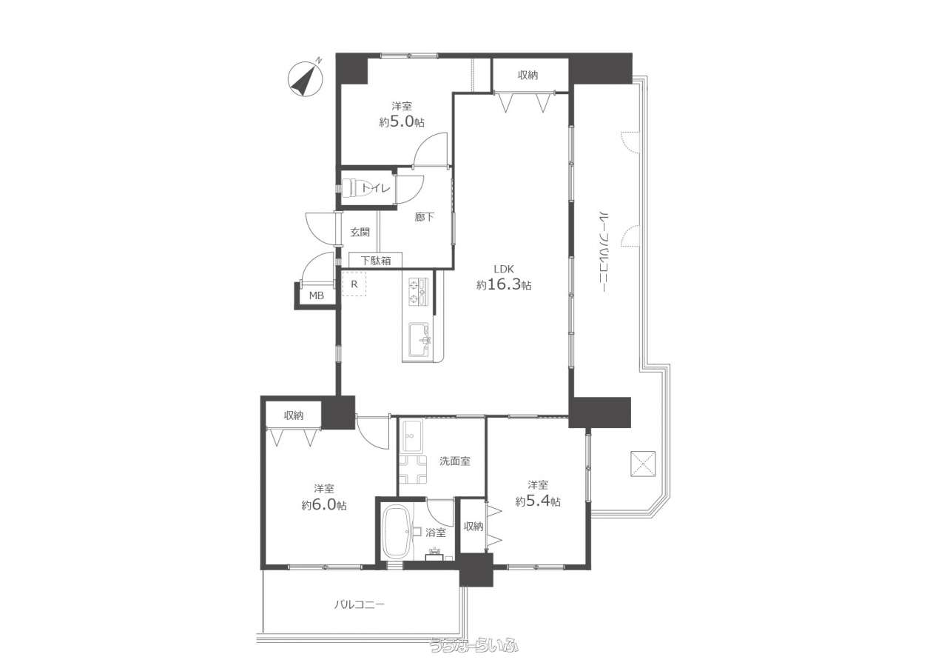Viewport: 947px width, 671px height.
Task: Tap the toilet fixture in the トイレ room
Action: click(x=356, y=187)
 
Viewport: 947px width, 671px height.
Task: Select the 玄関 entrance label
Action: click(x=360, y=233)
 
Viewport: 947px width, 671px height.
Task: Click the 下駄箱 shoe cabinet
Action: click(x=375, y=260)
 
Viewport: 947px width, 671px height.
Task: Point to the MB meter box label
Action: click(x=316, y=296)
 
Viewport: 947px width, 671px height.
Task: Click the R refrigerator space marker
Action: click(x=354, y=284)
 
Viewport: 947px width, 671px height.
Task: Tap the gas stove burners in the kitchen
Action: click(x=418, y=292)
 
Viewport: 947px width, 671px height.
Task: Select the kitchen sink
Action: click(x=419, y=339)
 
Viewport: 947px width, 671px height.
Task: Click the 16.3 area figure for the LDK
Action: click(x=504, y=284)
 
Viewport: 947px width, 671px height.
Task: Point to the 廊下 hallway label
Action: click(x=424, y=218)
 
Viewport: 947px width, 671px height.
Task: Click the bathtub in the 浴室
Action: click(x=396, y=533)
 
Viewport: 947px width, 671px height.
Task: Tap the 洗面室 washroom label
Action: click(x=455, y=461)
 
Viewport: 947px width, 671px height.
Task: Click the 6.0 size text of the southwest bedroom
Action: click(x=324, y=504)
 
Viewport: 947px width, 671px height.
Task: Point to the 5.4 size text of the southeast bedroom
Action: click(x=538, y=501)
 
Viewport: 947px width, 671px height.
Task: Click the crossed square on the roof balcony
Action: click(x=643, y=464)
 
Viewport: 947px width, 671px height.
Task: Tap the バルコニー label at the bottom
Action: click(x=360, y=604)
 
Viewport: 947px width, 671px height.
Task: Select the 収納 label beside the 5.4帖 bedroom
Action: click(x=473, y=527)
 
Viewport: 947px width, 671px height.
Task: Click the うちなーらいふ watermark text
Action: click(x=474, y=657)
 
